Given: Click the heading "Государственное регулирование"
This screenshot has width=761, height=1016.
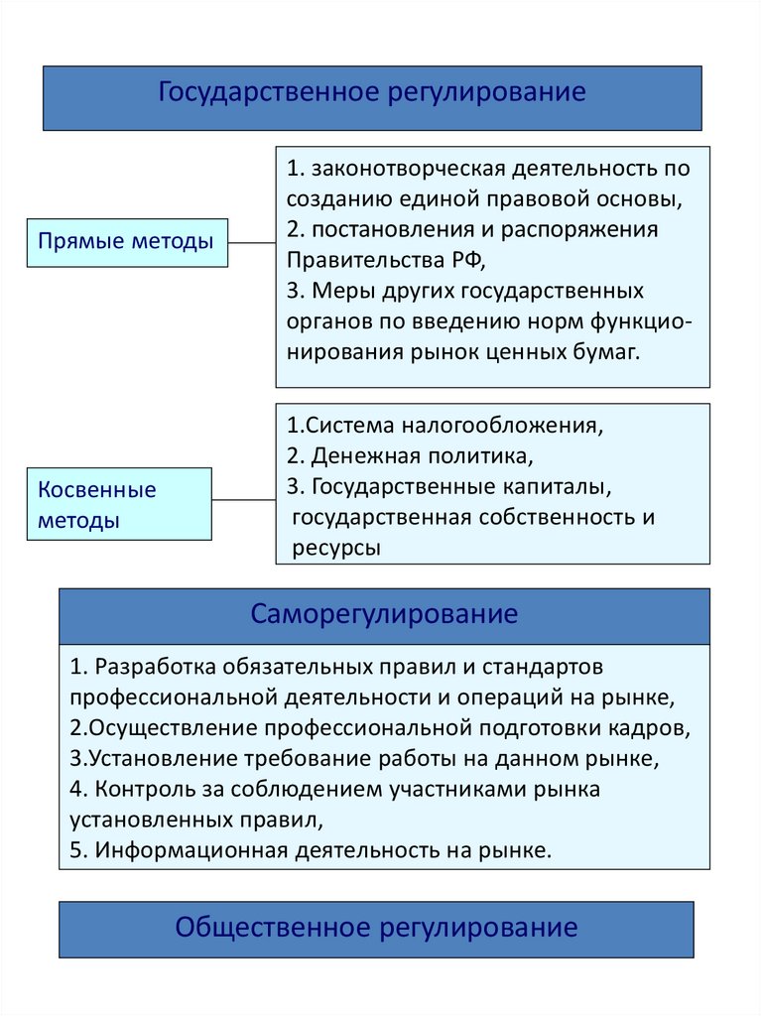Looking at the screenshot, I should point(372,93).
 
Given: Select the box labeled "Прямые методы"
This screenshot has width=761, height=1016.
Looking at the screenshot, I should point(126,241).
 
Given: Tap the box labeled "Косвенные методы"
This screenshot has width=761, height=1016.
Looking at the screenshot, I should point(118,504).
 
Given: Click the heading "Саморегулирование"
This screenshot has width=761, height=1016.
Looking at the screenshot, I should point(384,614).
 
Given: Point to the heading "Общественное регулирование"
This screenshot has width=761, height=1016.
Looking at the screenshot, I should point(376,928).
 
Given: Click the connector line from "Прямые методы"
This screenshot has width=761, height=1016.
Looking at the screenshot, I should point(252,241).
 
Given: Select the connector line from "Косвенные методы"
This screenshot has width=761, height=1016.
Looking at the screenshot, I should point(243,499).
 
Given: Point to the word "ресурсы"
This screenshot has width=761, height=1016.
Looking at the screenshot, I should point(336,549).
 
